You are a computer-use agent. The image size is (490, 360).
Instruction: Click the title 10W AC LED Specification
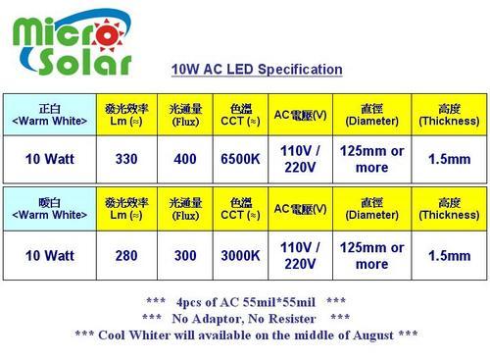[x=257, y=70]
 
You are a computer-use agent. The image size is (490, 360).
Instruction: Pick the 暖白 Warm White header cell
[x=49, y=208]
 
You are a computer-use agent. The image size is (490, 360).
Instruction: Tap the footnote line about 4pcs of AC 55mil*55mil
[x=245, y=301]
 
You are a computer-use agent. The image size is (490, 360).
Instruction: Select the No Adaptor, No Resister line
[x=245, y=318]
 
